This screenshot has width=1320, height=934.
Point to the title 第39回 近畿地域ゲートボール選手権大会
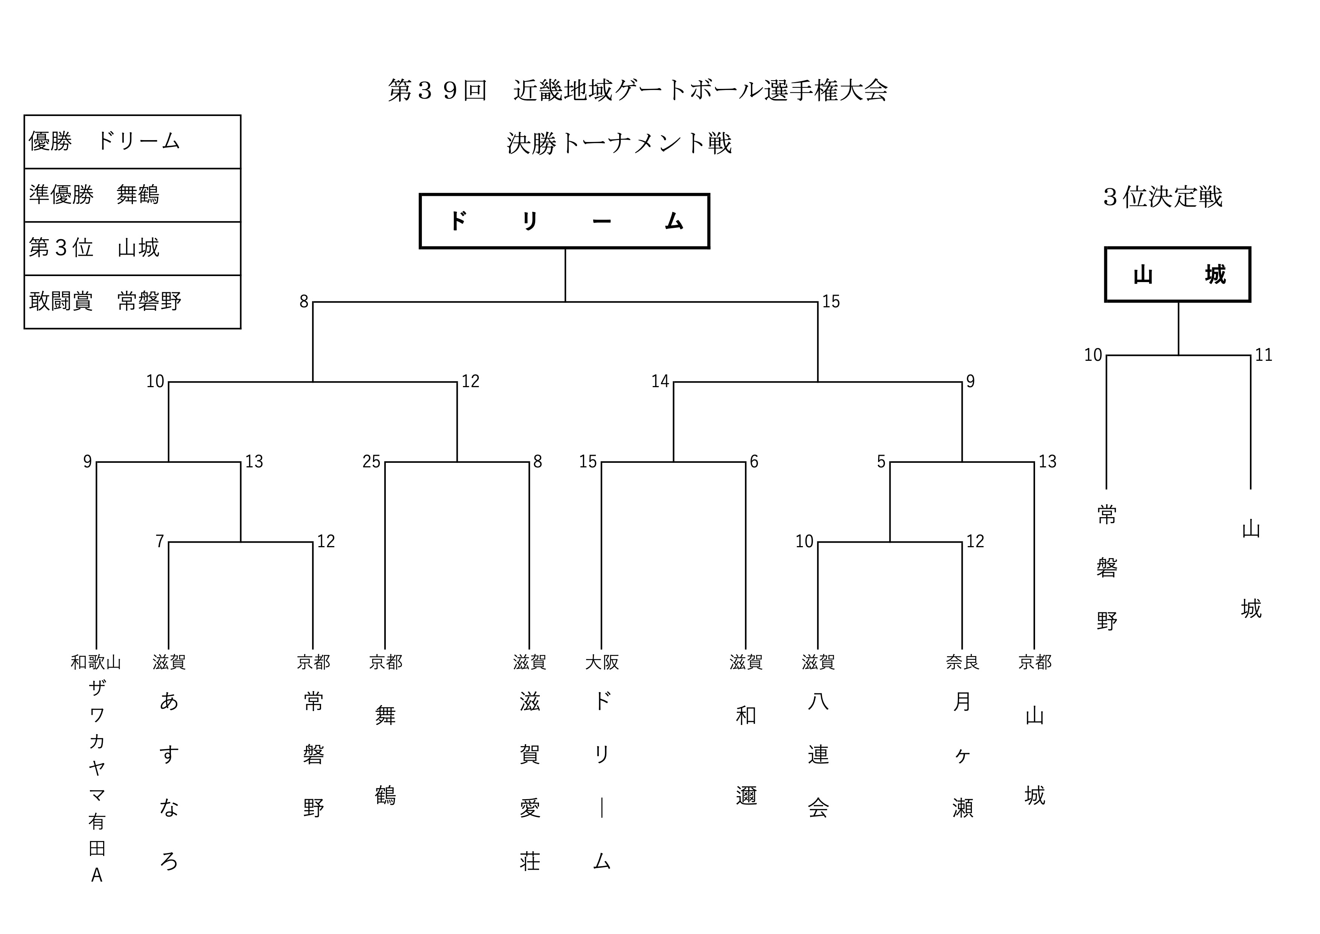pos(638,90)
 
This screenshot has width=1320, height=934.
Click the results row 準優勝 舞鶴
pos(132,195)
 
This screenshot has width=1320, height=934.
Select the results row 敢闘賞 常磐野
pos(132,301)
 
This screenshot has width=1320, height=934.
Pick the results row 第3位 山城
pos(132,248)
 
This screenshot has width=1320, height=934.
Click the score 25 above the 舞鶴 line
pos(371,462)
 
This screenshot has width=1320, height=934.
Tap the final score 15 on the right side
pos(831,301)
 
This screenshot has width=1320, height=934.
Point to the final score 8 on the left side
pos(304,301)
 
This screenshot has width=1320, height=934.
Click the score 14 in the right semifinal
pos(660,381)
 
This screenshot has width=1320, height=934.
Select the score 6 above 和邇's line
pos(754,462)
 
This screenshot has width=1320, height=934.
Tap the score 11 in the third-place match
pos(1263,355)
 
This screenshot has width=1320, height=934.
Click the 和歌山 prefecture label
pos(96,662)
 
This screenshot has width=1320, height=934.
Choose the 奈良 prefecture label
pos(962,662)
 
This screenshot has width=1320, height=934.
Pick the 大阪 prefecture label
pos(602,662)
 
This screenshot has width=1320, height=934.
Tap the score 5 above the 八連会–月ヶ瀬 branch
pos(881,462)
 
